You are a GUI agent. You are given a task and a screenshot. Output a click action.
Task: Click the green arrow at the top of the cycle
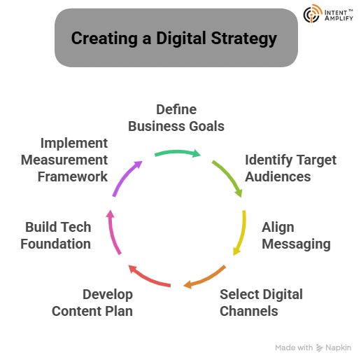coord(177,152)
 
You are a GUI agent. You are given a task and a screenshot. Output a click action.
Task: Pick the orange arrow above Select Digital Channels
coord(206,279)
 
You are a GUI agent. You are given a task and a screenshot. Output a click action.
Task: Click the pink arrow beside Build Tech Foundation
coord(112,233)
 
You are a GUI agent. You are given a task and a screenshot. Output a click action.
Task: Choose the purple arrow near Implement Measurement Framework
coord(125,176)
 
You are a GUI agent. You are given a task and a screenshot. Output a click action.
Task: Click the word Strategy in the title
coord(244,39)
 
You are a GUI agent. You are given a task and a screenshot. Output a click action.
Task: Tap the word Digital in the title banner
coord(181,39)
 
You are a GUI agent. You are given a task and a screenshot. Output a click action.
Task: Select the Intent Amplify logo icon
coord(313,13)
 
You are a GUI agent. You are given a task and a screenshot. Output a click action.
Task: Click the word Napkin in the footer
coord(338,347)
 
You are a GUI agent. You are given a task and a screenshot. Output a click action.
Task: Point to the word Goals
coord(206,126)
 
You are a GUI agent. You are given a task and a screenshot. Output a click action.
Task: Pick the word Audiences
coord(278,176)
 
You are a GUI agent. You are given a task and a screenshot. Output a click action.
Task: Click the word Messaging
coord(296,244)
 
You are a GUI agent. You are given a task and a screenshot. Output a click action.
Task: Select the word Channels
coord(249,311)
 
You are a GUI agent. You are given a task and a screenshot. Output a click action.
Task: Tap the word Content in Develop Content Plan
coord(76,311)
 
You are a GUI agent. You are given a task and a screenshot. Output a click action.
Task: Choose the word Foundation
coord(56,244)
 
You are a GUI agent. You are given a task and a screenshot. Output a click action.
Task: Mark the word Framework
coord(73,176)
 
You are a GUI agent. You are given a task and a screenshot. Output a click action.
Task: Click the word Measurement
coord(64,160)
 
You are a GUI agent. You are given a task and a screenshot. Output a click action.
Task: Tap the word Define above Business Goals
coord(176,109)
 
